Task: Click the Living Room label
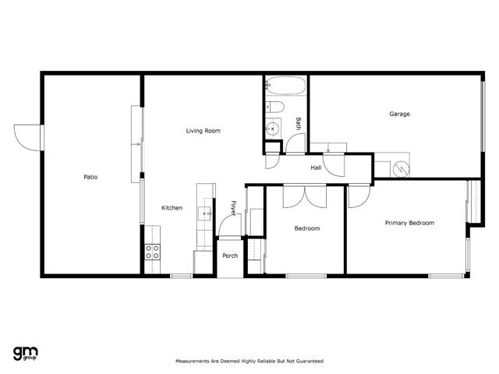tap(203, 131)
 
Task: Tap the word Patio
tap(90, 177)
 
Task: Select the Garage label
tap(399, 114)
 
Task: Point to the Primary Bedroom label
tap(409, 223)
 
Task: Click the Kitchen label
tap(172, 208)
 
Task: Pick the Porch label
tap(230, 256)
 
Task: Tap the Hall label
tap(316, 168)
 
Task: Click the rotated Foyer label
tap(234, 208)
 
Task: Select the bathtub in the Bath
tap(285, 85)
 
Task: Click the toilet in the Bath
tap(274, 107)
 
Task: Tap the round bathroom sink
tap(273, 129)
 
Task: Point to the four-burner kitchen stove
tap(153, 252)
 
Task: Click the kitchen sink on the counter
tap(205, 213)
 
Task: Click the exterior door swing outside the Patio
tap(27, 138)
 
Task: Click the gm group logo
tap(26, 353)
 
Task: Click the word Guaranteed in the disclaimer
tap(310, 361)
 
